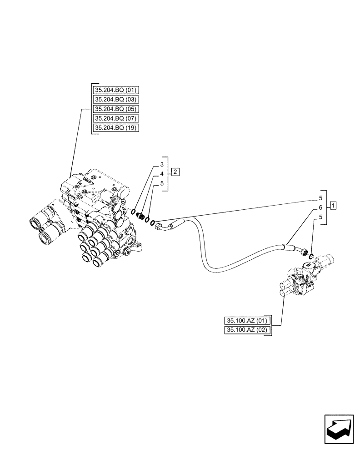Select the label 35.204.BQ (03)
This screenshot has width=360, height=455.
tap(116, 99)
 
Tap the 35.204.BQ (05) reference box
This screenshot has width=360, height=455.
tap(116, 109)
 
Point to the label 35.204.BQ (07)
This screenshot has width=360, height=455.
tap(116, 118)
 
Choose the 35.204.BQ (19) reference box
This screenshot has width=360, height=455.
tap(116, 128)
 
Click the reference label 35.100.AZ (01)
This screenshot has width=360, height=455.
tap(247, 320)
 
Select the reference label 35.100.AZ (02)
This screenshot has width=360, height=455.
tap(247, 330)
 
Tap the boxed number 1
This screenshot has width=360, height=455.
tap(334, 206)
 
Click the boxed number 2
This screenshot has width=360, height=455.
tap(175, 172)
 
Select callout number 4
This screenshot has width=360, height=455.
tap(161, 174)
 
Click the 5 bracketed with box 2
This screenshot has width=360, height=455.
tap(161, 184)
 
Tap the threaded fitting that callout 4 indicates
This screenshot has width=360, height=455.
tap(141, 216)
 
